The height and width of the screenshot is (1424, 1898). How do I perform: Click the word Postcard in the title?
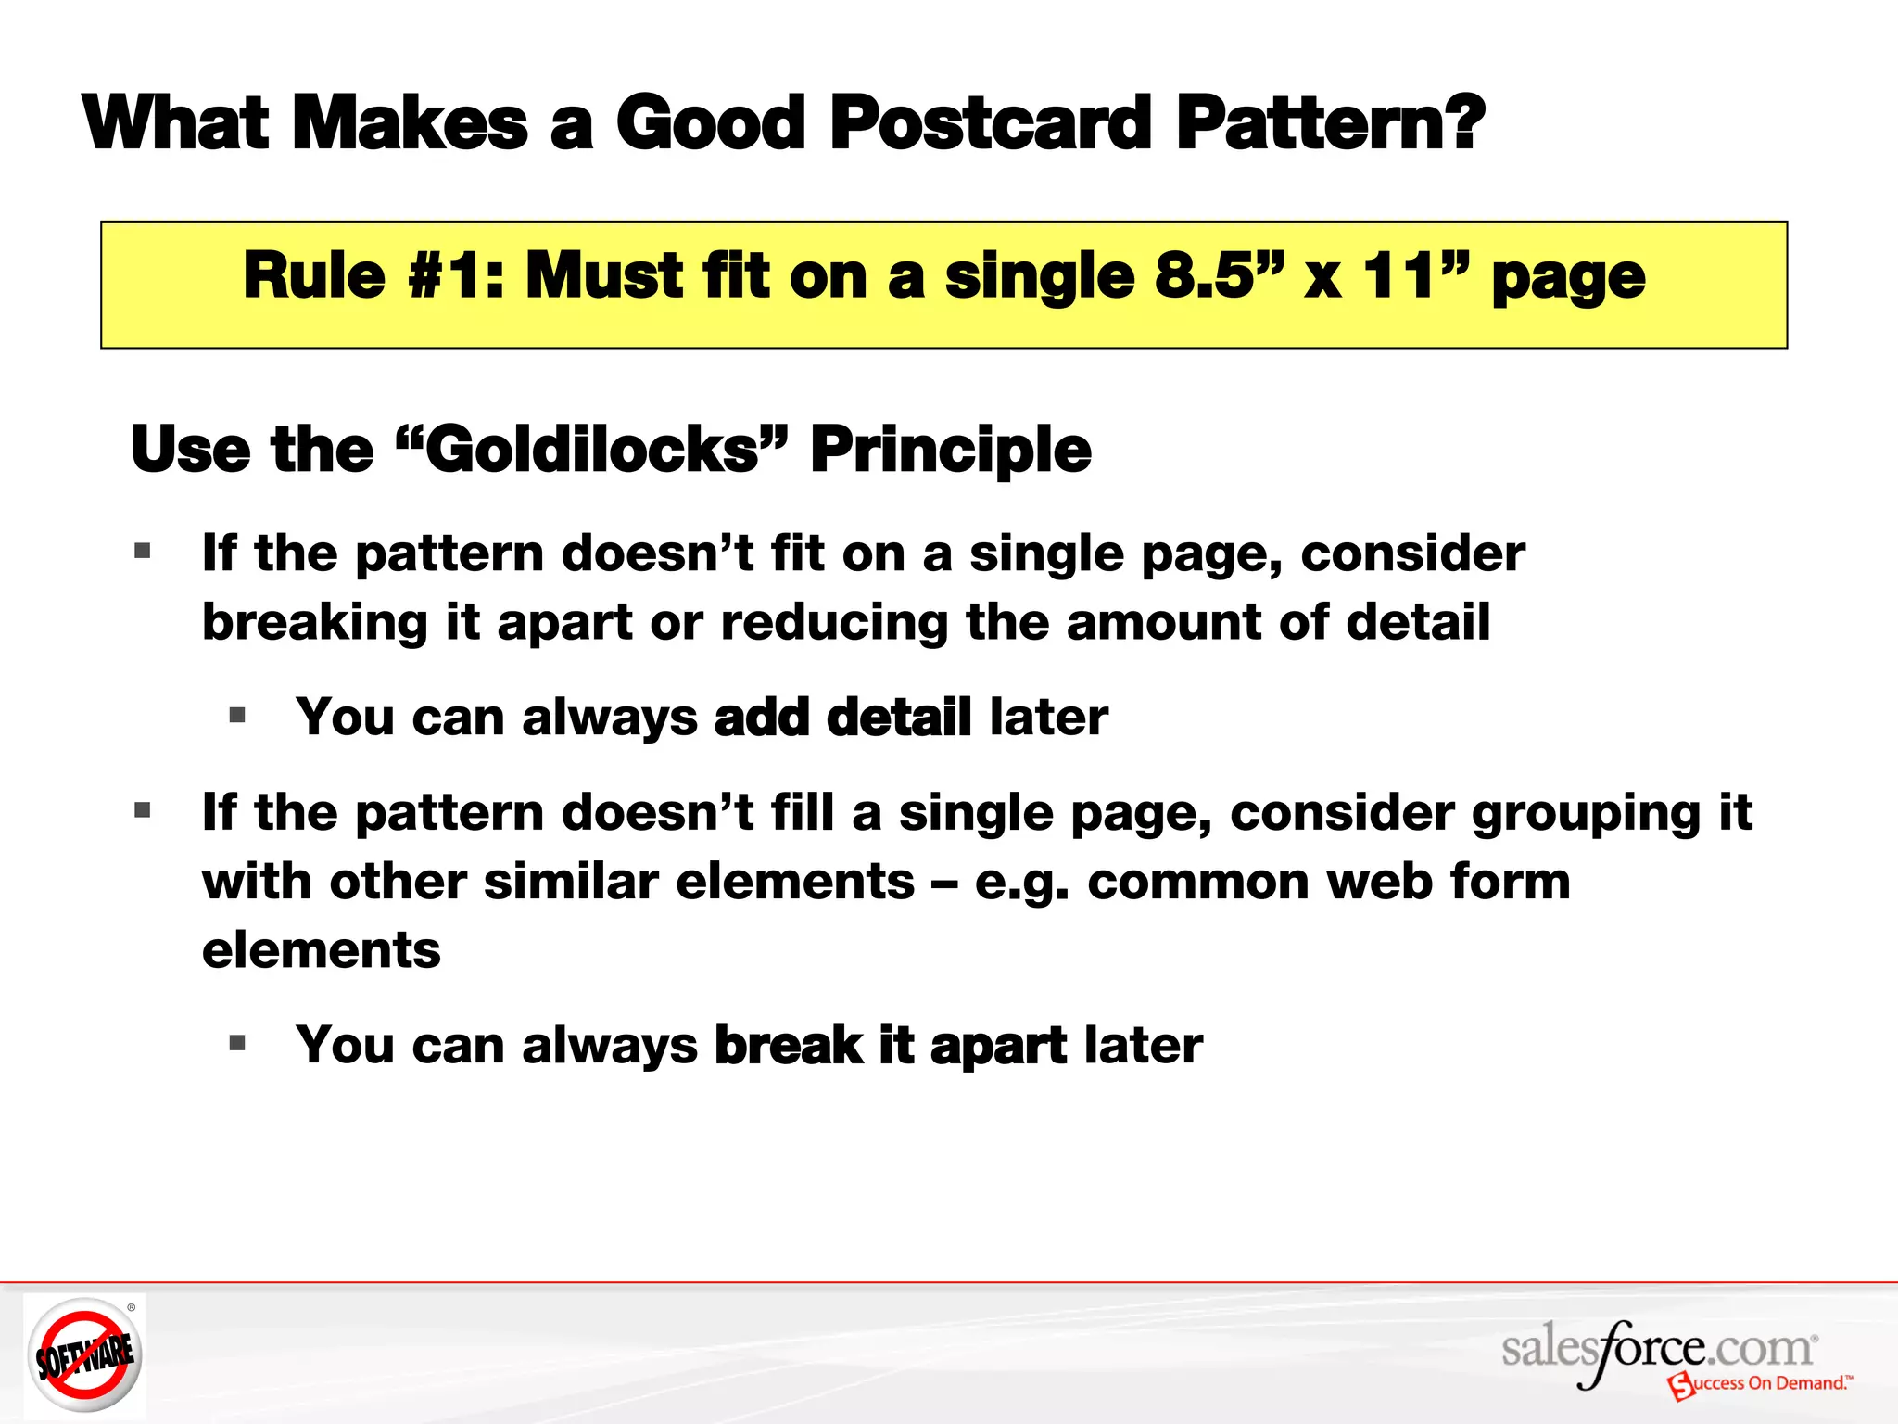(x=990, y=123)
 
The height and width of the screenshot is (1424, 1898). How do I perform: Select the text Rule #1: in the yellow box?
(x=373, y=276)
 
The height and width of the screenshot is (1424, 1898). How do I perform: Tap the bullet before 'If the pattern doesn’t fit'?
(x=143, y=553)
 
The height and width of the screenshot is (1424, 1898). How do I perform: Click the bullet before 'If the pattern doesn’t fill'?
(x=143, y=811)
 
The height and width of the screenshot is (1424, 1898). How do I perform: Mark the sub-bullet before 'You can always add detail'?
(x=237, y=716)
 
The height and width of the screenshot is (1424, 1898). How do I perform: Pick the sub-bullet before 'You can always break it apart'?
(x=237, y=1044)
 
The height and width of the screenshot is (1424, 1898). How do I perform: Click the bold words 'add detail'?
(x=842, y=718)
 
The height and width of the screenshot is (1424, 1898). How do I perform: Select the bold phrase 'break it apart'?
(x=890, y=1046)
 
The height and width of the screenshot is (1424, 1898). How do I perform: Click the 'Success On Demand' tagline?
(x=1761, y=1384)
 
